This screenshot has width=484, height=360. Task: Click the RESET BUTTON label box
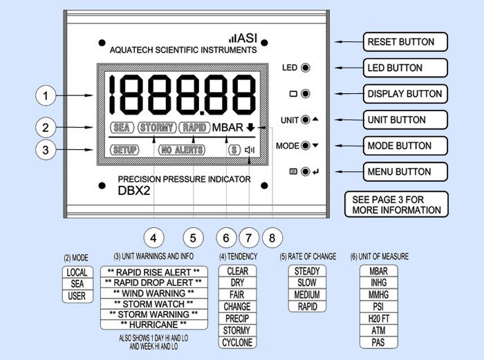coord(406,42)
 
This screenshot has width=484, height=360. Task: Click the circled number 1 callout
coord(46,96)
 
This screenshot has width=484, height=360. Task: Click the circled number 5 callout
coord(193,238)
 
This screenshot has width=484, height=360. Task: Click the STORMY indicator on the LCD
coord(156,128)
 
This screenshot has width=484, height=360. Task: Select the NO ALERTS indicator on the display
coord(180,149)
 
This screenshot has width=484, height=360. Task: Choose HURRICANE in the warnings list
coord(153,324)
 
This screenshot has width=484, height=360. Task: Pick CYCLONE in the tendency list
coord(237,342)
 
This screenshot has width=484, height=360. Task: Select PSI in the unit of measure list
coord(379,306)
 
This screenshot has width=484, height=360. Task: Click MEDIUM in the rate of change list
coord(307,295)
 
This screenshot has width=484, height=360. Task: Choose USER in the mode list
coord(75,296)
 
